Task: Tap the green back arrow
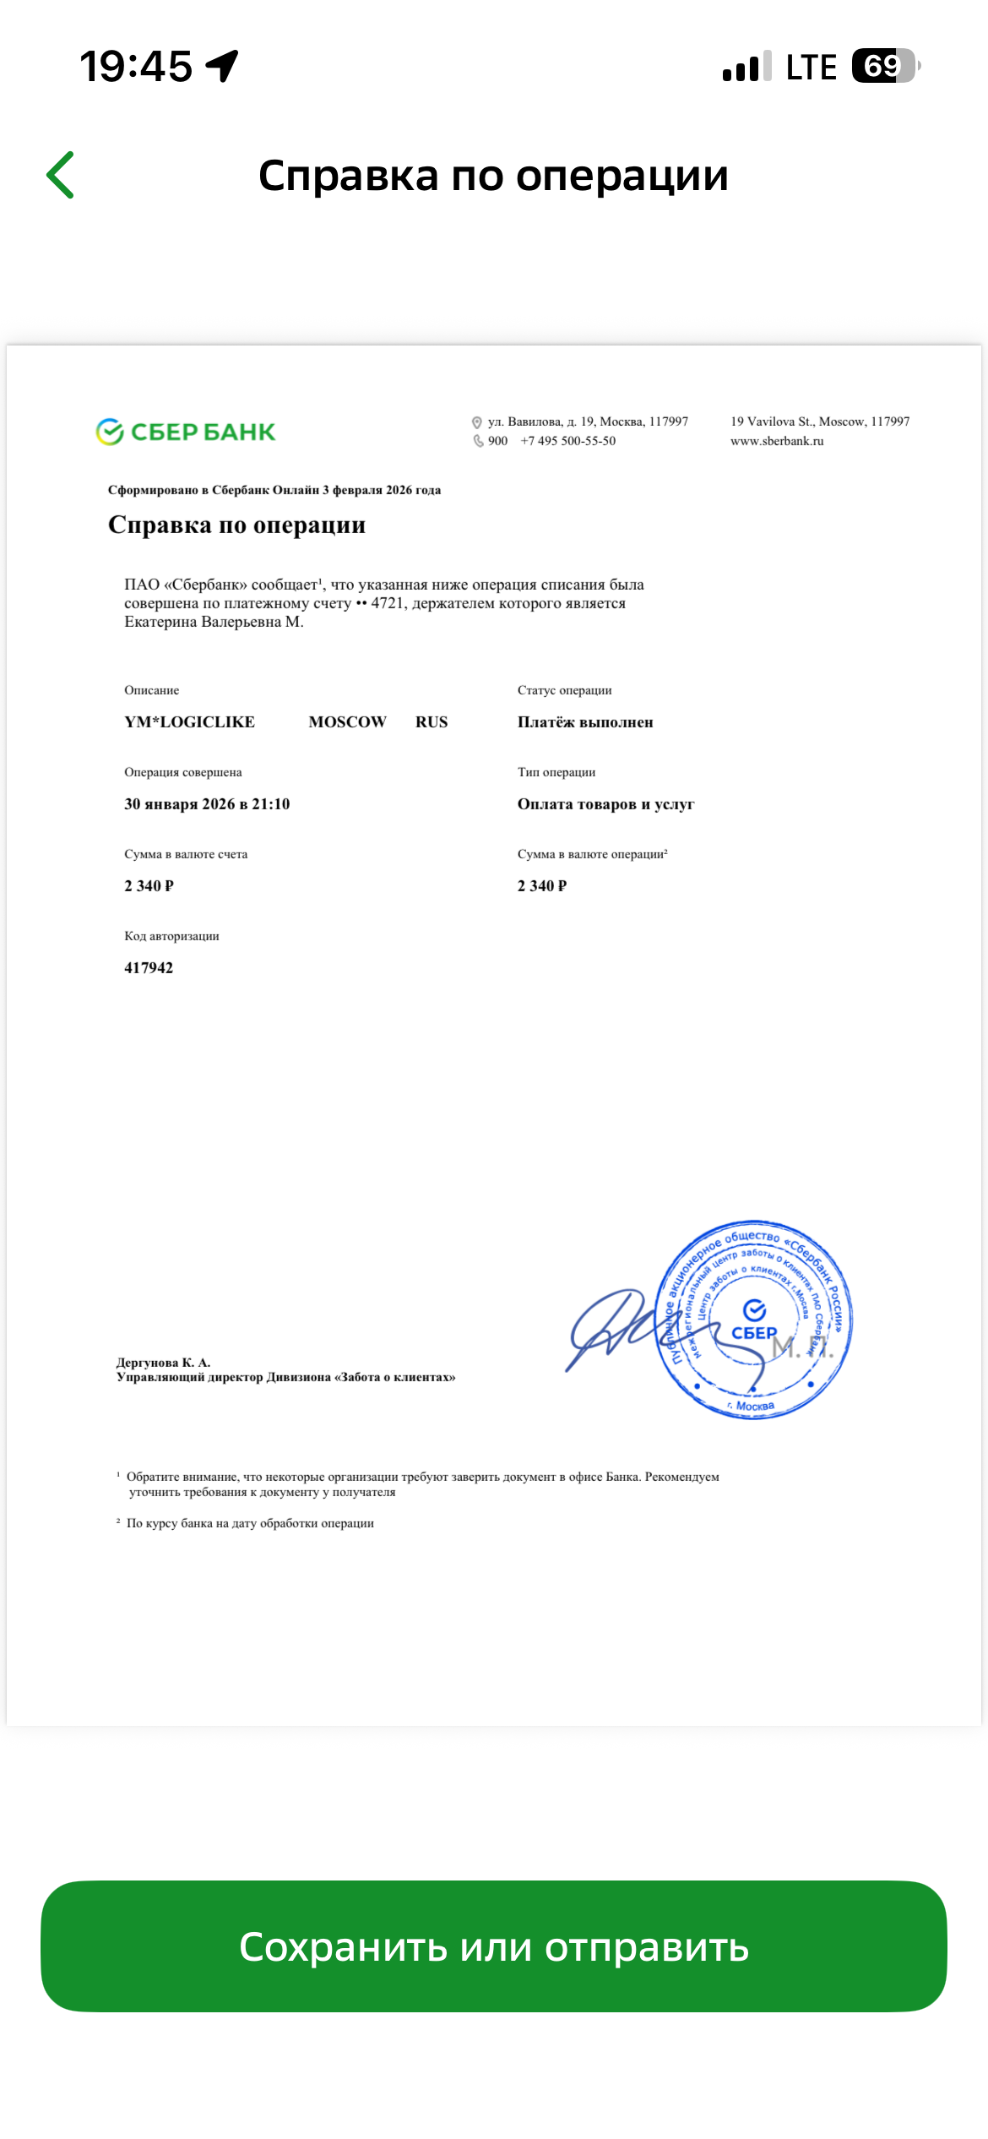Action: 61,175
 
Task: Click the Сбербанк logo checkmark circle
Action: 110,432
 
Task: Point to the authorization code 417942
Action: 149,968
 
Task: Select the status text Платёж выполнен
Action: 585,722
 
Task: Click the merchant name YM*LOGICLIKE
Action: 189,722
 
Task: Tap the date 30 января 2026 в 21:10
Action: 207,804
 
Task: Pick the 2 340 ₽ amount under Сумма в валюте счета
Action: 149,886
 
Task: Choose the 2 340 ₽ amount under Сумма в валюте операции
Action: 542,886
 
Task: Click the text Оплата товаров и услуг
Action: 605,804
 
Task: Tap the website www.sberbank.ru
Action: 777,441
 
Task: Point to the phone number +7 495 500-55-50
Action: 568,441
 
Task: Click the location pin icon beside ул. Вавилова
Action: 477,422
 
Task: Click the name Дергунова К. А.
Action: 163,1363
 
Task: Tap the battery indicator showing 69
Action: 884,66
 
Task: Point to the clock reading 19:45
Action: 136,67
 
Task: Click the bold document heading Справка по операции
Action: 236,525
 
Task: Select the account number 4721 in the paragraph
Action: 388,603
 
